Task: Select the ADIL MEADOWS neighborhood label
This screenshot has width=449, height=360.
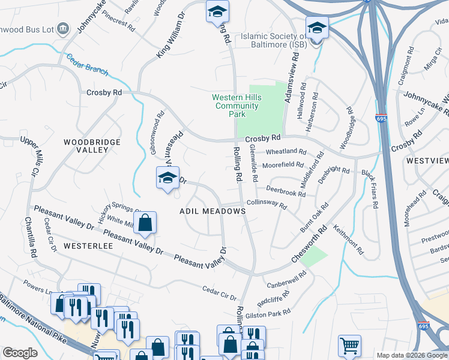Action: [212, 211]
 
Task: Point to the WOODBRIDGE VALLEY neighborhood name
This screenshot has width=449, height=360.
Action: [92, 146]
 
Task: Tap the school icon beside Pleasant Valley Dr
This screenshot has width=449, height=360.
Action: [168, 178]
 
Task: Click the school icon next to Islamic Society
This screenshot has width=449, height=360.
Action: [316, 28]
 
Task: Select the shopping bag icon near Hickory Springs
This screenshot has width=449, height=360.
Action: [145, 223]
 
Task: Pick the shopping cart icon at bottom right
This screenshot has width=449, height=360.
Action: [349, 345]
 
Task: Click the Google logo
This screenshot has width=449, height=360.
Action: [20, 353]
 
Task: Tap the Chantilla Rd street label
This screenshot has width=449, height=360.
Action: [28, 238]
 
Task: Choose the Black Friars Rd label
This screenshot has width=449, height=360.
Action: [369, 188]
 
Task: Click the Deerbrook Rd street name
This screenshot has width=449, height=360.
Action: [286, 193]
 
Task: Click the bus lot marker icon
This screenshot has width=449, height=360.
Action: [65, 29]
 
